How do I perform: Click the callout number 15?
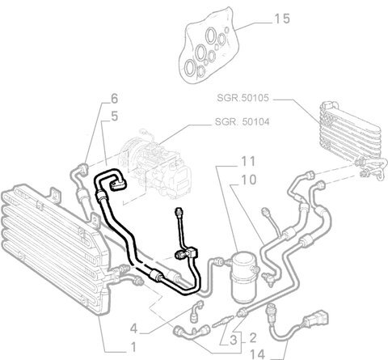(282, 19)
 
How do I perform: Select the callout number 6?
(115, 99)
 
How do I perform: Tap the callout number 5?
(115, 116)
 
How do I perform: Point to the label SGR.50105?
(242, 98)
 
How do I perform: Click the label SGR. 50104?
(242, 122)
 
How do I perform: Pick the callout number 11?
(248, 161)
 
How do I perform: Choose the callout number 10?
(248, 180)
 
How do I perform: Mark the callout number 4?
(134, 328)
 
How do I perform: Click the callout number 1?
(133, 347)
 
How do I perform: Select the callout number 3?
(234, 340)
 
